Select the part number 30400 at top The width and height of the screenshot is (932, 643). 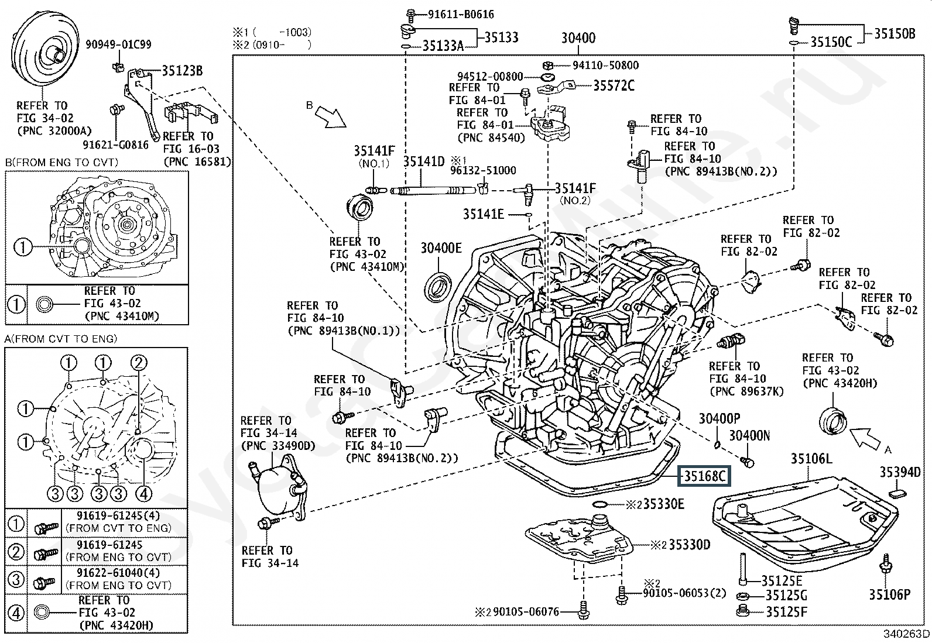[578, 38]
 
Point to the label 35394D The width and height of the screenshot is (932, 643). [900, 472]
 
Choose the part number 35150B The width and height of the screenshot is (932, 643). [895, 34]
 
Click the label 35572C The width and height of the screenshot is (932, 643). [614, 85]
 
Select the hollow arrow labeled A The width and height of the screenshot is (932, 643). [866, 439]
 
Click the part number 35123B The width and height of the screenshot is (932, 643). [182, 71]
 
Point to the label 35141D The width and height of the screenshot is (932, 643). [424, 161]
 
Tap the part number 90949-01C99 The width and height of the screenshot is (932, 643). [118, 44]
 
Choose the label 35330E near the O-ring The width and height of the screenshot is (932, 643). [663, 504]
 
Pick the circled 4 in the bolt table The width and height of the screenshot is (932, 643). [16, 613]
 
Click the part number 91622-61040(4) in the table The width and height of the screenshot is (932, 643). [119, 573]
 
